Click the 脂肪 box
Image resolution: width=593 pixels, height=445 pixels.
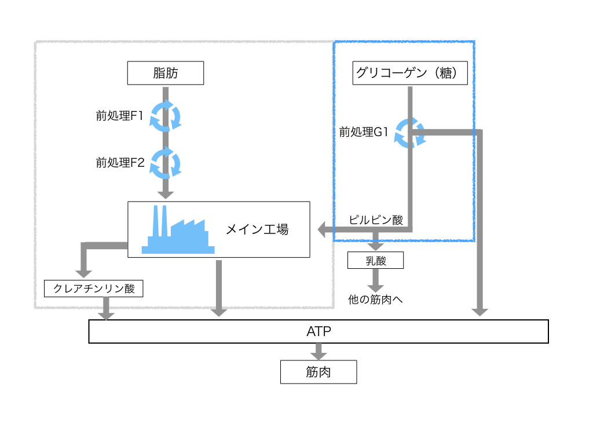click(x=165, y=73)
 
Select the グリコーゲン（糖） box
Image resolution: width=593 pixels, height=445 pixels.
click(x=410, y=73)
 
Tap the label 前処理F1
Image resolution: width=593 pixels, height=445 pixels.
click(x=119, y=115)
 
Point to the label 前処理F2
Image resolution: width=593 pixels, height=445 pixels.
click(x=120, y=163)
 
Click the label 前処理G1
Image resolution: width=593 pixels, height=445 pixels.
click(x=364, y=132)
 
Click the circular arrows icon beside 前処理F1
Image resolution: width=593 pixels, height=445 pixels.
click(x=165, y=116)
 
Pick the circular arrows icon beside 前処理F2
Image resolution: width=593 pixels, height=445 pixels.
click(x=165, y=163)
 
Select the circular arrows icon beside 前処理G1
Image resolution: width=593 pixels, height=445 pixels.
click(x=410, y=133)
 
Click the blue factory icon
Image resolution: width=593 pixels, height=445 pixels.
click(x=178, y=229)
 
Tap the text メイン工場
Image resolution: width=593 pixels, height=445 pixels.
click(x=257, y=229)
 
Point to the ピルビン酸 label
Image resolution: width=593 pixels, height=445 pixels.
click(x=375, y=220)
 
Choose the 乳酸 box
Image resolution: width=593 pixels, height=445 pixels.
click(x=375, y=260)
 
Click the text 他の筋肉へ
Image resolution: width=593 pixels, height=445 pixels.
click(x=375, y=300)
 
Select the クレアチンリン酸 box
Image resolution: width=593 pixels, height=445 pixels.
click(x=93, y=289)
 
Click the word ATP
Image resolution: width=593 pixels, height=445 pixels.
click(x=319, y=331)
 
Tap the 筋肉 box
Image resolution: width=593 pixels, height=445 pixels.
click(x=319, y=372)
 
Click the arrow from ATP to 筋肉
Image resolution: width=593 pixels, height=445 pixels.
click(x=319, y=352)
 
